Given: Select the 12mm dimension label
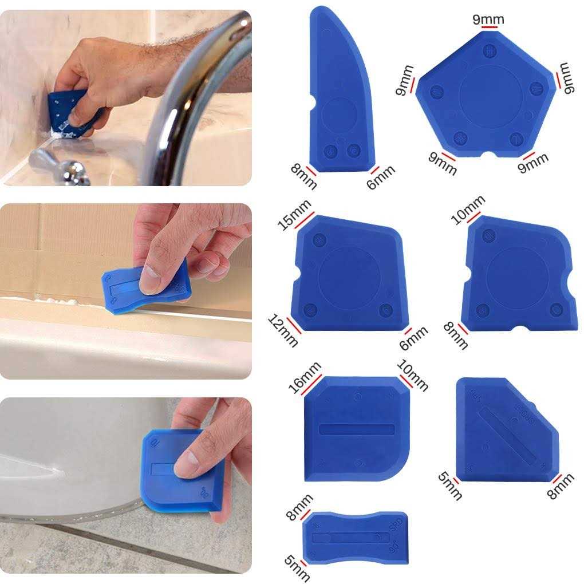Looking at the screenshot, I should [283, 330].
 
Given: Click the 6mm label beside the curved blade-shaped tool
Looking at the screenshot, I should [381, 177].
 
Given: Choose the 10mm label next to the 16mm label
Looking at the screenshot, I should [412, 376].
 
